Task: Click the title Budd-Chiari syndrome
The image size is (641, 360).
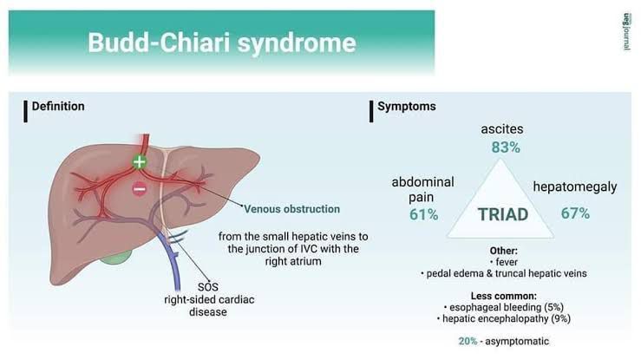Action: coord(221,43)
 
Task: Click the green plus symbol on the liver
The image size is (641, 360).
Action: coord(140,161)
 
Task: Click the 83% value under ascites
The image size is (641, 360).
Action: coord(506,147)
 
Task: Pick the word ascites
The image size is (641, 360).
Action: coord(502,129)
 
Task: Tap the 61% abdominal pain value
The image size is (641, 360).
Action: coord(423,213)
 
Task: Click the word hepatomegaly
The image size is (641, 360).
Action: coord(574,187)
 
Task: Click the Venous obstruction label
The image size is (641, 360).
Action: coord(291,209)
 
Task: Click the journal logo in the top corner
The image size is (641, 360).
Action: coord(626,31)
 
